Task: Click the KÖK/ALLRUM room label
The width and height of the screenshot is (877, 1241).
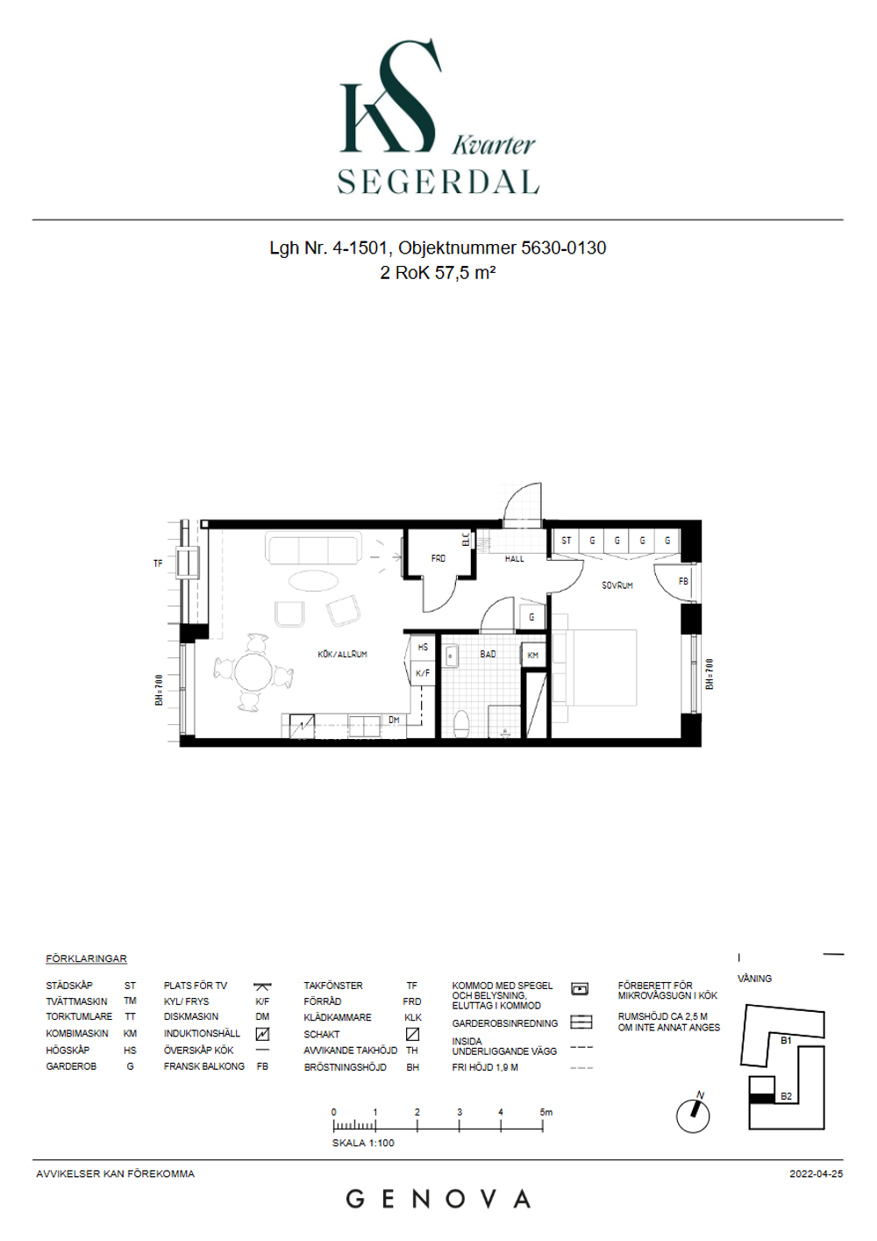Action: click(342, 655)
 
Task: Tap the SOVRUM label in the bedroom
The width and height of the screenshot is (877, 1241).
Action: click(617, 585)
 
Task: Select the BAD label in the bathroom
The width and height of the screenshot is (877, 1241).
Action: click(488, 655)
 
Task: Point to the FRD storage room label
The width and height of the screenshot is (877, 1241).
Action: click(438, 558)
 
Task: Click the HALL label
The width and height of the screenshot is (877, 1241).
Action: click(514, 559)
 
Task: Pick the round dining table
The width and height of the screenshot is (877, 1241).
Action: click(253, 672)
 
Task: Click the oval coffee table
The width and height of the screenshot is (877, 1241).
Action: click(313, 582)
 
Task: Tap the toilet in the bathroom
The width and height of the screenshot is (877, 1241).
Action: click(461, 724)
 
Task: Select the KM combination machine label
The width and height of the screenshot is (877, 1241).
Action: click(532, 656)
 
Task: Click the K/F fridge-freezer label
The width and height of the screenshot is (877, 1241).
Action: click(423, 674)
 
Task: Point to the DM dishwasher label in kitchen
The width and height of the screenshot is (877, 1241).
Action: click(394, 720)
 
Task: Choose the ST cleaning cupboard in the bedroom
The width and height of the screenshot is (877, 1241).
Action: click(566, 540)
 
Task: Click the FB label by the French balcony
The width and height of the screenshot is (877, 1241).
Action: click(683, 581)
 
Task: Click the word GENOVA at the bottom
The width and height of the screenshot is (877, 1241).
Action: click(438, 1200)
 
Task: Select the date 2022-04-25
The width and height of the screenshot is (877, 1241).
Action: click(816, 1173)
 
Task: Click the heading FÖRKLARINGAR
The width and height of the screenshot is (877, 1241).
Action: click(86, 958)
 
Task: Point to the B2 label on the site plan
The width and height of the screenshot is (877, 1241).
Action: click(786, 1096)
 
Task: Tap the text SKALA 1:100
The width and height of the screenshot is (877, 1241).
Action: click(363, 1143)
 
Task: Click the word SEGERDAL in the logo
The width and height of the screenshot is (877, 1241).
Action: click(438, 181)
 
